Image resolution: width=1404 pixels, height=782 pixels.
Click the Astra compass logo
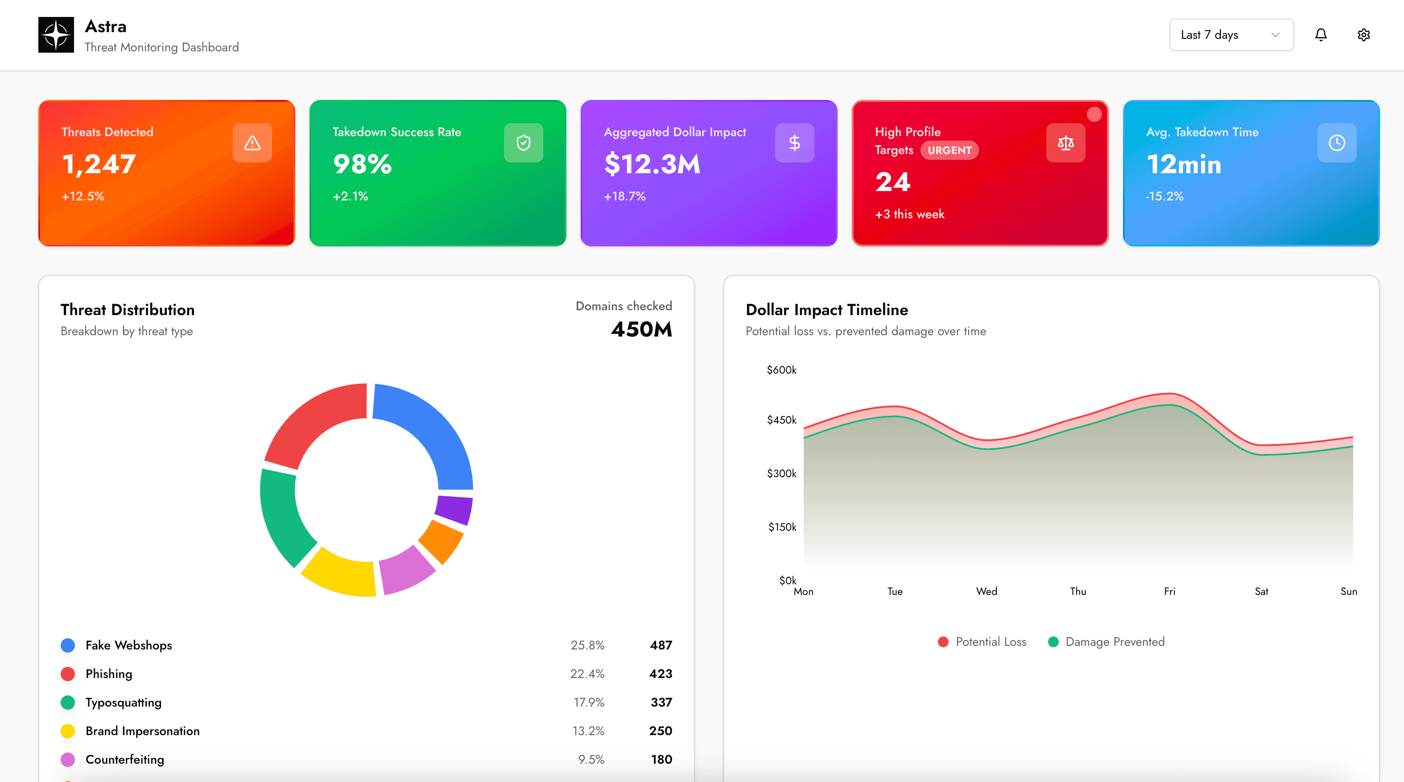pyautogui.click(x=56, y=35)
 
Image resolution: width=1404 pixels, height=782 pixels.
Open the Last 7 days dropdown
pyautogui.click(x=1231, y=35)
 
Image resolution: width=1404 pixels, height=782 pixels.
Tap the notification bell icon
pyautogui.click(x=1321, y=35)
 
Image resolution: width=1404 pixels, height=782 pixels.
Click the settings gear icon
pyautogui.click(x=1363, y=35)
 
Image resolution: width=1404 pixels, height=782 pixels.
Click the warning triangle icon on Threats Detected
pyautogui.click(x=252, y=143)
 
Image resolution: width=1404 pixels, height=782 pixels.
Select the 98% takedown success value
pyautogui.click(x=362, y=164)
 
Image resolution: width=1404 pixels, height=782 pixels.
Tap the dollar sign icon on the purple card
pyautogui.click(x=794, y=143)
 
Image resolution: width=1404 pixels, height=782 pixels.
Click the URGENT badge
pyautogui.click(x=949, y=150)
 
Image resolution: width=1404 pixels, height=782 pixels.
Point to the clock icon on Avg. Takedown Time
pyautogui.click(x=1336, y=143)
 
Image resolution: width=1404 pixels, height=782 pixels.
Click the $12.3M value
pyautogui.click(x=652, y=164)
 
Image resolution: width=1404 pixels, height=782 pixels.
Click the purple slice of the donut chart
pyautogui.click(x=454, y=509)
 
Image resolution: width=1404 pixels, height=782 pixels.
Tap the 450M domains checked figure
pyautogui.click(x=641, y=329)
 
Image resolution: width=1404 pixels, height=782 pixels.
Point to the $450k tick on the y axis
pyautogui.click(x=781, y=420)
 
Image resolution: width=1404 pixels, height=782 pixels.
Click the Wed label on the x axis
pyautogui.click(x=986, y=591)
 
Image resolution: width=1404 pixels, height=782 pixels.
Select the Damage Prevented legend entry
pyautogui.click(x=1107, y=642)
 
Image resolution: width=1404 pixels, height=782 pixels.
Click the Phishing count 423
pyautogui.click(x=661, y=674)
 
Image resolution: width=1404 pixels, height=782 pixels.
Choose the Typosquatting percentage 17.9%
pyautogui.click(x=589, y=703)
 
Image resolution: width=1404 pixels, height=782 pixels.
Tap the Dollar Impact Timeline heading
pyautogui.click(x=826, y=310)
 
